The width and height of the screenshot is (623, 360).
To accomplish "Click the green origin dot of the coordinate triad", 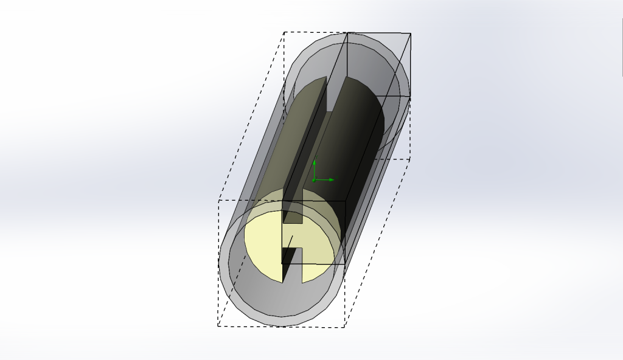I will point(314,180).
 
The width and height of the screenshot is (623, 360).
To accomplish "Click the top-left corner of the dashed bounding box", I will point(284,32).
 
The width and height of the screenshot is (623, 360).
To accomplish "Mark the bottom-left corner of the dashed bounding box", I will point(218,326).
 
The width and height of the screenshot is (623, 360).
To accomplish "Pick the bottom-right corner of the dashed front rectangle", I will point(345,327).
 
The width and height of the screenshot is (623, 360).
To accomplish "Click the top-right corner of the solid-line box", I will point(411,33).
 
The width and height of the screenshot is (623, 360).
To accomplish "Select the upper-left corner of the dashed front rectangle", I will point(219,200).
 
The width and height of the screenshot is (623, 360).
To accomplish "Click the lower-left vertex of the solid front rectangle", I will point(282,263).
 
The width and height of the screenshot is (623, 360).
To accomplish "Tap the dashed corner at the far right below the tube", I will point(409,159).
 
